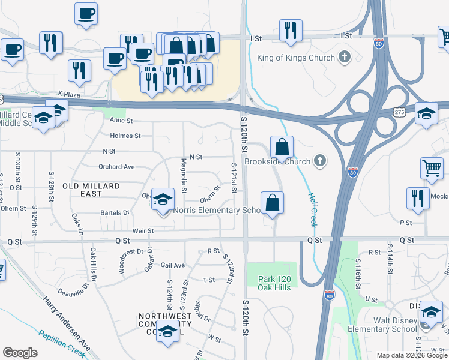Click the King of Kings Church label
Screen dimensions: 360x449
click(296, 58)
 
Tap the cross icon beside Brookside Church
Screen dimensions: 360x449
click(321, 161)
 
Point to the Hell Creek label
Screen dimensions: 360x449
click(312, 209)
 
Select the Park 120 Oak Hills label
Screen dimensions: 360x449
click(274, 283)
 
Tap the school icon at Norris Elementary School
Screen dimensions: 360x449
click(162, 200)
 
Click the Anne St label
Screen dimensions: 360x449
click(121, 120)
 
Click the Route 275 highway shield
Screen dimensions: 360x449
click(399, 112)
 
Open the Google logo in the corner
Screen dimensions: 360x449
click(20, 353)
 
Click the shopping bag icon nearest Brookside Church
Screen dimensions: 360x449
click(281, 146)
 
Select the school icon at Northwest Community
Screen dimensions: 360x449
click(168, 332)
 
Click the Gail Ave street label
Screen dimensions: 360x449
click(173, 265)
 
